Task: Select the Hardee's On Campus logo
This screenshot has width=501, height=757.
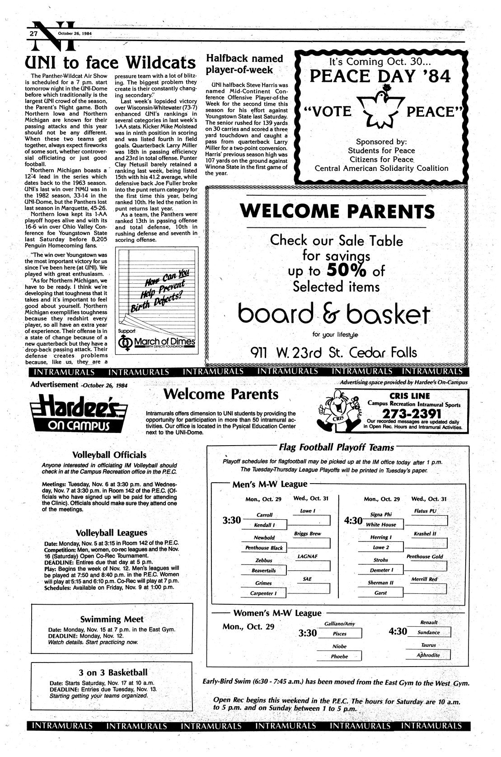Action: tap(78, 412)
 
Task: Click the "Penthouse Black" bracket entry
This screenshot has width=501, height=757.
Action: tap(264, 548)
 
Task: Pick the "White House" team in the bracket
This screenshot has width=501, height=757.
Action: tap(381, 525)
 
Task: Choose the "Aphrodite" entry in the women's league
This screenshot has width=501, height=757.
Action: tap(428, 655)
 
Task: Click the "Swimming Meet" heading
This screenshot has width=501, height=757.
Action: tap(112, 619)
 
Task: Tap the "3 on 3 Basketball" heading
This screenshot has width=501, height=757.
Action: tap(112, 672)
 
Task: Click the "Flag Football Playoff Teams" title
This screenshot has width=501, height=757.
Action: tap(337, 447)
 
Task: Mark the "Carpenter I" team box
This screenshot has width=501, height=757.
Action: tap(264, 593)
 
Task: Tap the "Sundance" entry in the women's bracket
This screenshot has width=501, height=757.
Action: tap(428, 632)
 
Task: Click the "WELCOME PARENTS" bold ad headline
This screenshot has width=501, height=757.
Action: tap(337, 212)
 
